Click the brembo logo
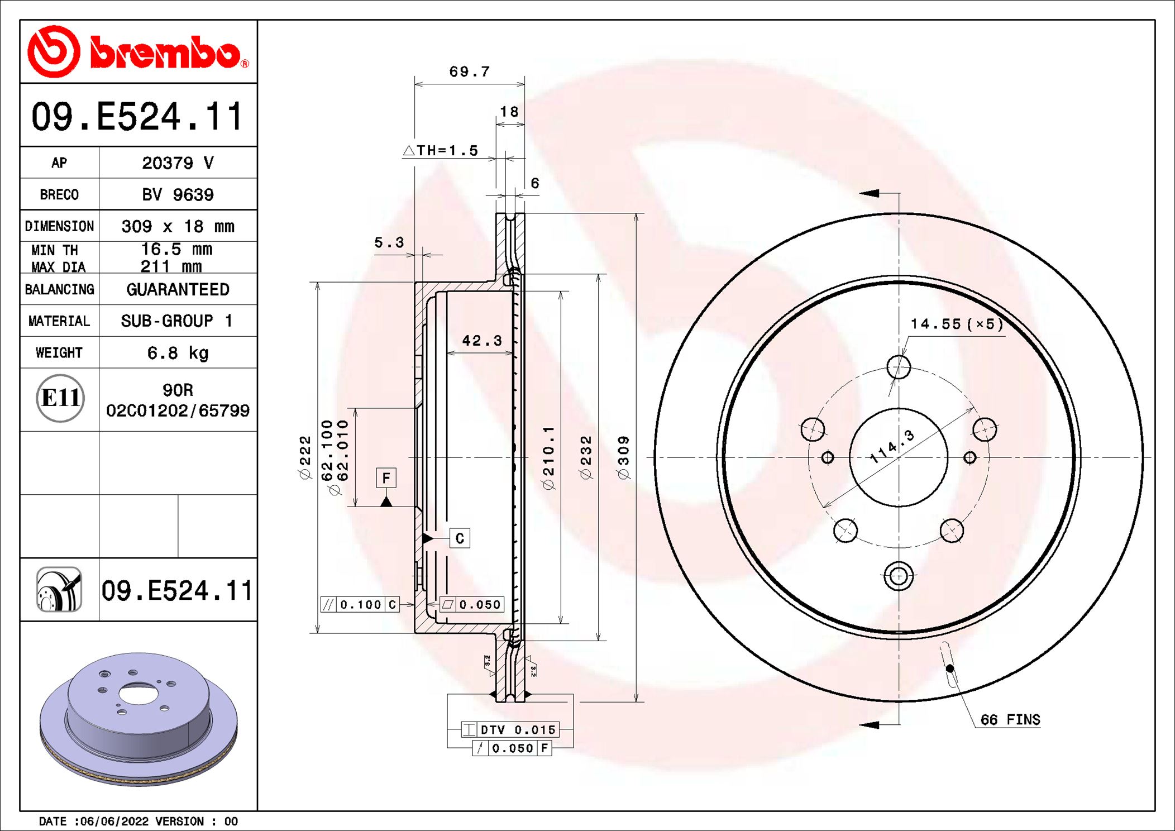click(x=138, y=52)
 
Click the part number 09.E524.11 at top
click(x=138, y=117)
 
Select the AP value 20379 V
click(x=178, y=163)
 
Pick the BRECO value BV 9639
click(x=178, y=195)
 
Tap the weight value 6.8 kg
click(x=178, y=353)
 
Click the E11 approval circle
click(x=60, y=398)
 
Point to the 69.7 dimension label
click(x=469, y=71)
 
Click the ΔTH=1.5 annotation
click(x=441, y=150)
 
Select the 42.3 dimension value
click(x=481, y=341)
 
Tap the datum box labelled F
click(x=386, y=478)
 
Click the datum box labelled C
click(x=460, y=538)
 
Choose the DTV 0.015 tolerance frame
click(x=510, y=729)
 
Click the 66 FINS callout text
click(x=1010, y=719)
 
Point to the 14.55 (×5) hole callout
click(x=956, y=324)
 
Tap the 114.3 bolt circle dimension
click(x=892, y=446)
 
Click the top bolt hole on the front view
click(x=899, y=367)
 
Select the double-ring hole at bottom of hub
click(x=899, y=576)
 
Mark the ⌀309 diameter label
click(x=623, y=457)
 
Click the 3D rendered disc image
click(x=138, y=718)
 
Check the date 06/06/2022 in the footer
click(x=114, y=821)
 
